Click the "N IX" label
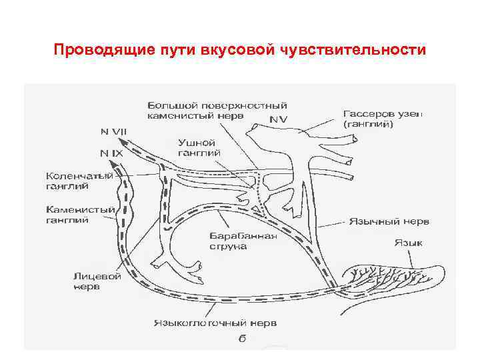111,153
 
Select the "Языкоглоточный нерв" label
214,323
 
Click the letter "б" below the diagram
243,338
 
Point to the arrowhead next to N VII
131,141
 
